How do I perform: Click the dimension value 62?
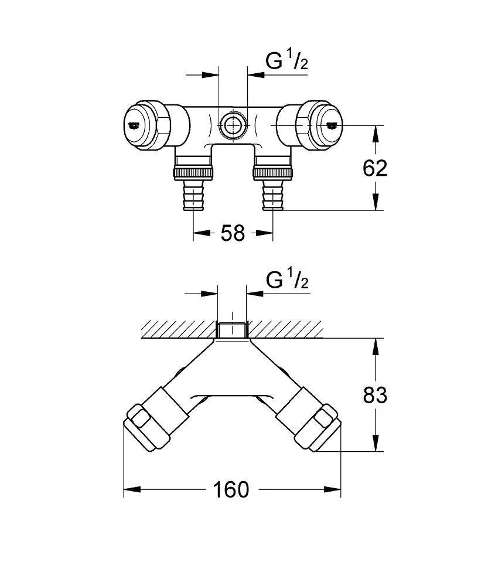pyautogui.click(x=376, y=168)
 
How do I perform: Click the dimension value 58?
pyautogui.click(x=233, y=233)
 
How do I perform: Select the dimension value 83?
pyautogui.click(x=376, y=395)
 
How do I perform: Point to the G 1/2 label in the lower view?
pyautogui.click(x=287, y=281)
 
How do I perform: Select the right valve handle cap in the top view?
pyautogui.click(x=326, y=124)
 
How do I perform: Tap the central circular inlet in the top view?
pyautogui.click(x=233, y=124)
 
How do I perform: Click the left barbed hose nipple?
pyautogui.click(x=194, y=196)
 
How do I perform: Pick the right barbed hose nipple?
pyautogui.click(x=272, y=196)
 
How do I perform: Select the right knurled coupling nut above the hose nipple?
pyautogui.click(x=272, y=173)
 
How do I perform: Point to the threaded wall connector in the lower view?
pyautogui.click(x=233, y=330)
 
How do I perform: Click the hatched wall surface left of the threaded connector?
pyautogui.click(x=176, y=329)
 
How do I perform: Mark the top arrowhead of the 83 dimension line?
pyautogui.click(x=376, y=345)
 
